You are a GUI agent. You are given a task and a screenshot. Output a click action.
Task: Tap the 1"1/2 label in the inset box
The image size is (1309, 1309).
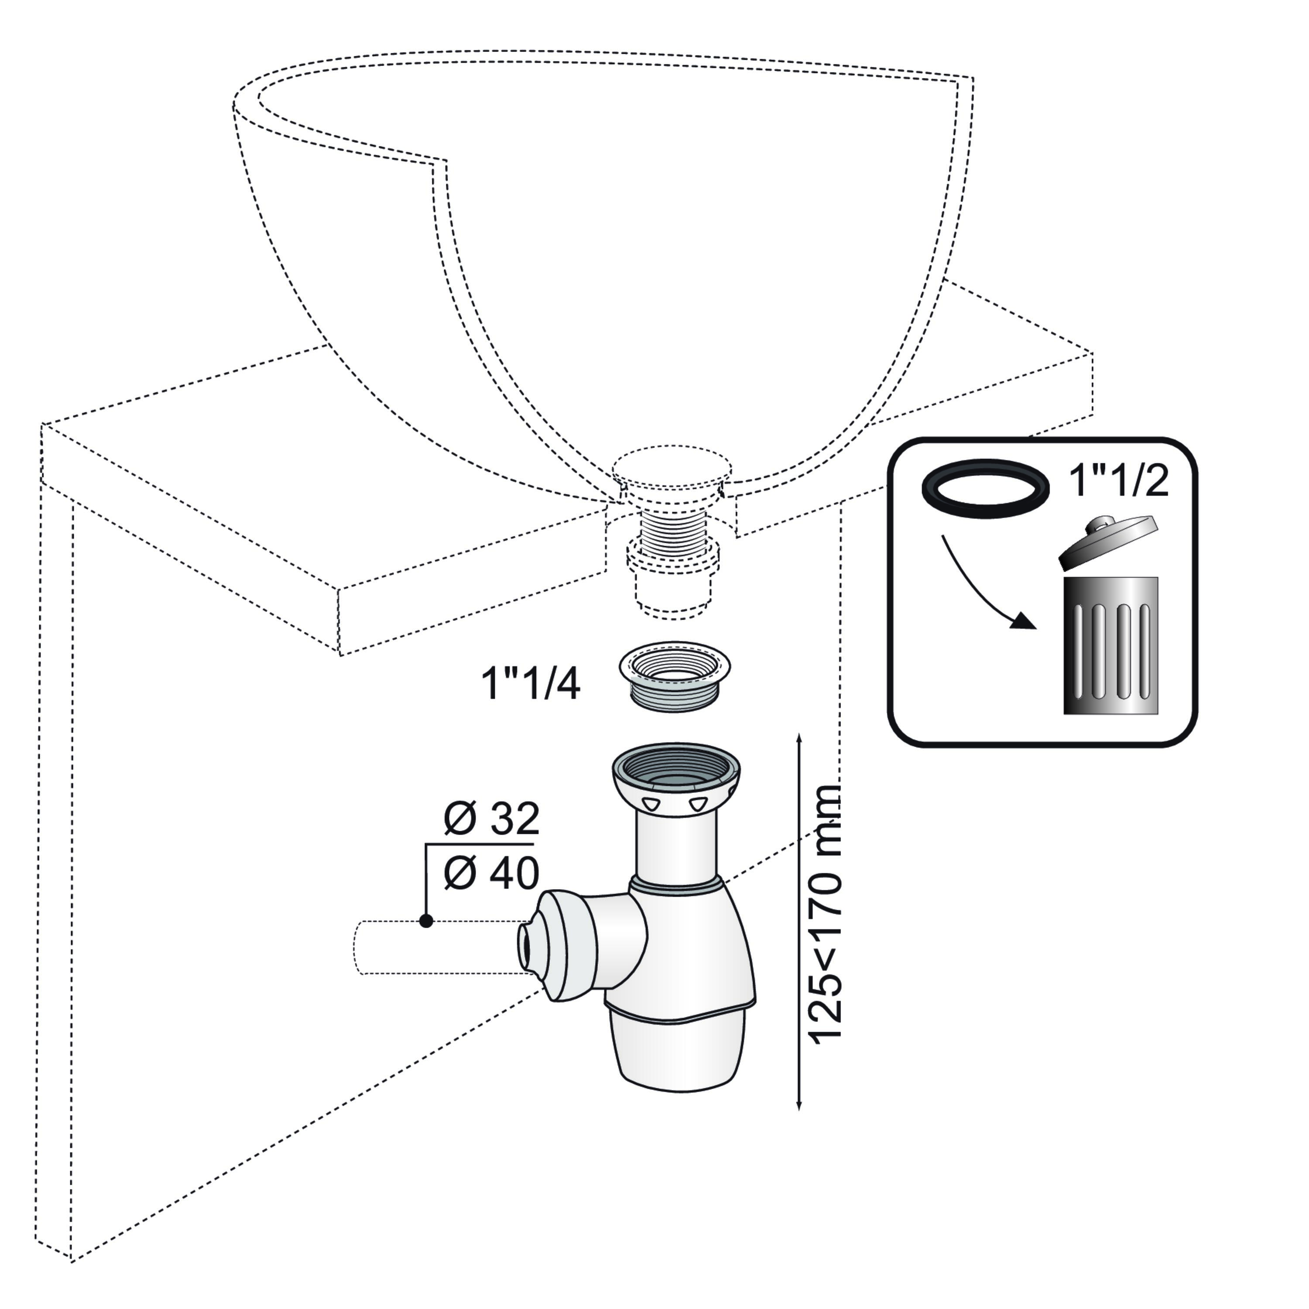[x=1119, y=481]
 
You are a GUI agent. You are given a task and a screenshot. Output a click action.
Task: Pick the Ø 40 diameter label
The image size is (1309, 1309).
[x=491, y=874]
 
